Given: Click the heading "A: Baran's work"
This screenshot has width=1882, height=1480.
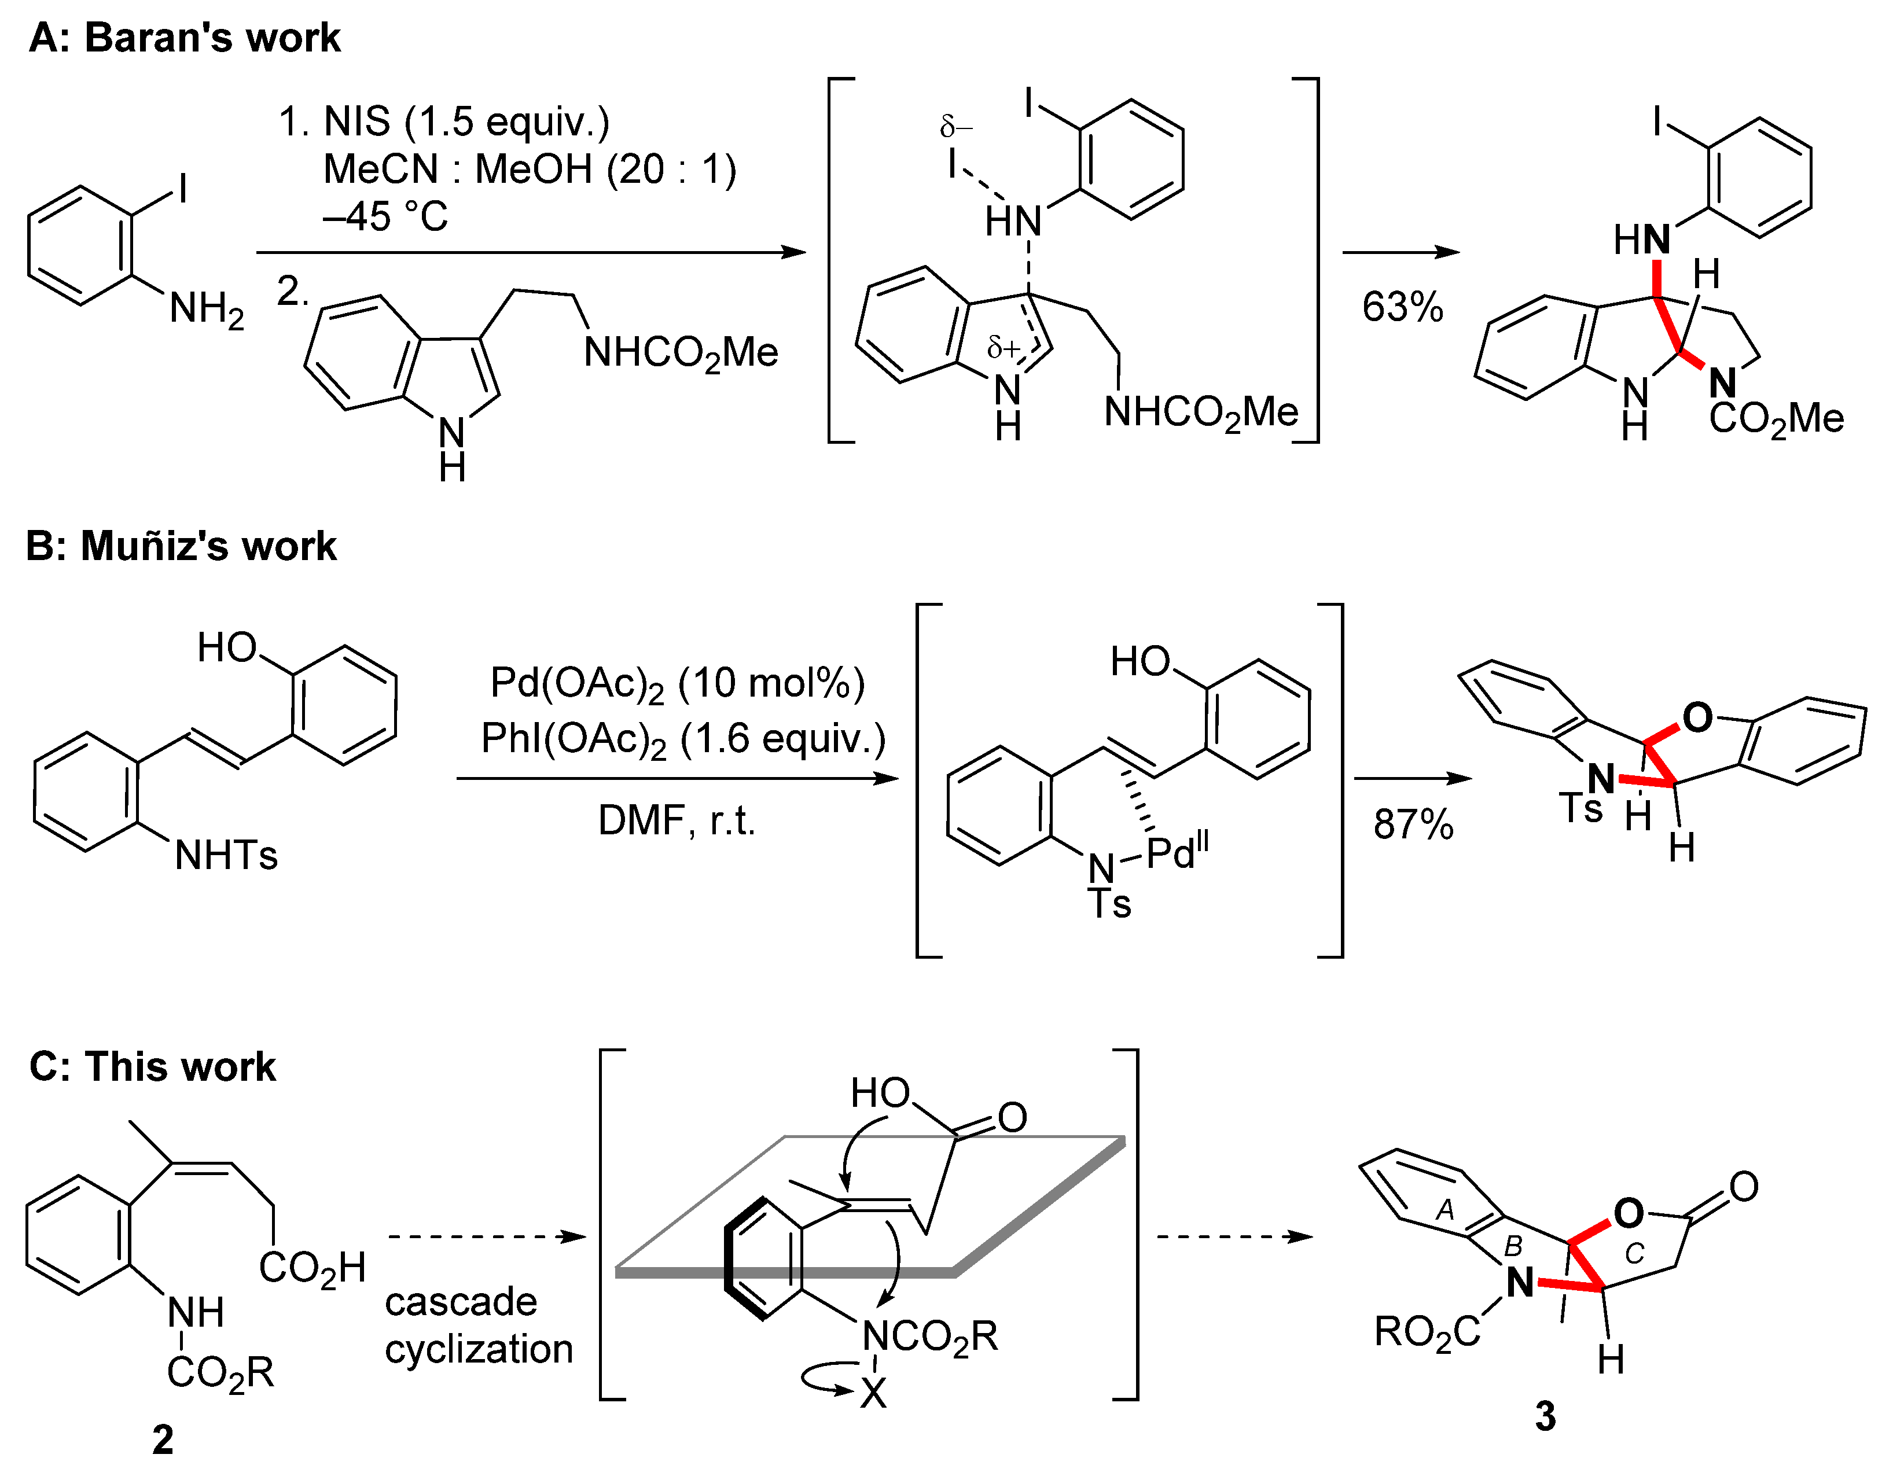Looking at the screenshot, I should coord(185,38).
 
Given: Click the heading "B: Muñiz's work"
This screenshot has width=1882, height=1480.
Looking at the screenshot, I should coord(181,546).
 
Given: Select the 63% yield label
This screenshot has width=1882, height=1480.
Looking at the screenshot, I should coord(1402,308).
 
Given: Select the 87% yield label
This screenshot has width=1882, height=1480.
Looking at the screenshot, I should coord(1413,824).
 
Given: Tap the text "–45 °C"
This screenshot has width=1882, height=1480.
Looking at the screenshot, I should coord(385,216).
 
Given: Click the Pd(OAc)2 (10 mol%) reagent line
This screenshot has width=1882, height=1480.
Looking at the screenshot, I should coord(677,684).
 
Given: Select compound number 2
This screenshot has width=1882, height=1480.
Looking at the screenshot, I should coord(163,1439).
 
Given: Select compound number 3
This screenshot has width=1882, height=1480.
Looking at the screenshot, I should coord(1546,1416).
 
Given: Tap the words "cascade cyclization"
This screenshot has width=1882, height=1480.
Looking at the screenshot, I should coord(478,1326).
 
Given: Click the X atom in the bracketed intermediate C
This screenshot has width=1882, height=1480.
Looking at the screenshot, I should coord(873,1393).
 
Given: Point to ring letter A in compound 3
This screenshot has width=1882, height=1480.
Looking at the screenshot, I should coord(1444,1210).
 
